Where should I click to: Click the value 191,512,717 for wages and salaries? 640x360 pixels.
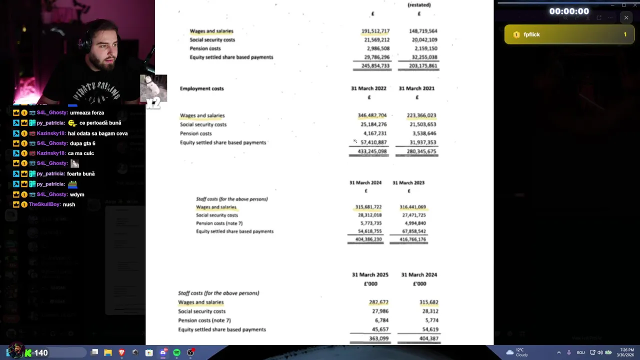pos(375,31)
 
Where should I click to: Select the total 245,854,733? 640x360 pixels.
pos(375,66)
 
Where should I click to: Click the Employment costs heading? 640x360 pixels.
pos(201,88)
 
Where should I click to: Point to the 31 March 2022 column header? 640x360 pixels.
pos(368,88)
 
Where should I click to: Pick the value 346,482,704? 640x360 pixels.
pos(372,115)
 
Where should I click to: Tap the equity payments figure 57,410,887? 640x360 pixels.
pos(373,142)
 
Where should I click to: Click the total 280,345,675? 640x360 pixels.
pos(421,151)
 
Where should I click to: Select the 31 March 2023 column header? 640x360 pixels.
pos(408,183)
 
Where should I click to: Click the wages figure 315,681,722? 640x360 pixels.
pos(368,207)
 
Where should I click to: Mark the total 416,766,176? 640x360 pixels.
pos(412,239)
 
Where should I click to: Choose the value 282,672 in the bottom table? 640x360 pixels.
pos(378,302)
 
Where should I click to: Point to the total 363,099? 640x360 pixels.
pos(378,338)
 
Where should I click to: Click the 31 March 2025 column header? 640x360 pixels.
pos(370,275)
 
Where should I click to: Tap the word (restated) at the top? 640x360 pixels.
pos(419,5)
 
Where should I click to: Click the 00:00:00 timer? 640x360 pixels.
pos(569,11)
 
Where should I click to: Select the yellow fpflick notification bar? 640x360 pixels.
pos(569,34)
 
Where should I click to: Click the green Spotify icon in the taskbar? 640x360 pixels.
pos(176,353)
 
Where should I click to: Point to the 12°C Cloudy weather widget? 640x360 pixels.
pos(518,352)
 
